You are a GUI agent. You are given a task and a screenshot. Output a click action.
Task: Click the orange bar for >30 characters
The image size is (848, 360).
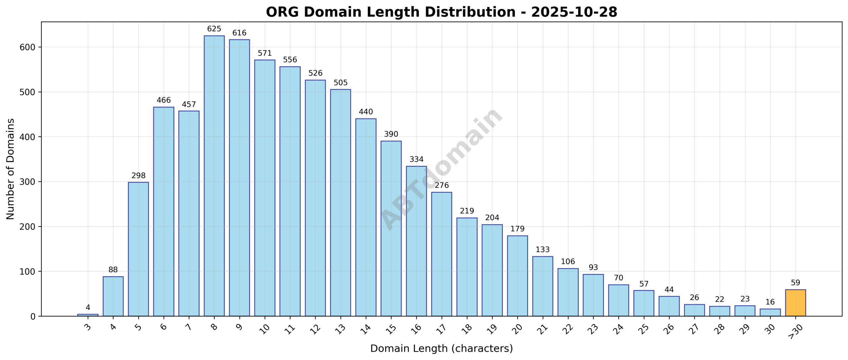[795, 303]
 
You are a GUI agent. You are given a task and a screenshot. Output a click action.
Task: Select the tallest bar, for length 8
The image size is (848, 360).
[214, 176]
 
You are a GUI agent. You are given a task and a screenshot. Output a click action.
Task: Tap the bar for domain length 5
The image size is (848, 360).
[138, 249]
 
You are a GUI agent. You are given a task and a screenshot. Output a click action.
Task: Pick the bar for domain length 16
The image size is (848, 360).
[416, 241]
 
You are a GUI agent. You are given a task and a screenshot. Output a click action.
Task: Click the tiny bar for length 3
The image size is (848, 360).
[88, 315]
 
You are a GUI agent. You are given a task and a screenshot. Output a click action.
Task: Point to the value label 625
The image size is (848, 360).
[214, 29]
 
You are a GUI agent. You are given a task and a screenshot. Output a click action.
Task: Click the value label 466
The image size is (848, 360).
[164, 100]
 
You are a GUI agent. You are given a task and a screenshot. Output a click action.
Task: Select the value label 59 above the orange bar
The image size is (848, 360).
[795, 283]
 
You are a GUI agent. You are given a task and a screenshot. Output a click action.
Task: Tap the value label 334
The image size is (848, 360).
[416, 160]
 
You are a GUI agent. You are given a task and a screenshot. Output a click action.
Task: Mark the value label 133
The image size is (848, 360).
[543, 250]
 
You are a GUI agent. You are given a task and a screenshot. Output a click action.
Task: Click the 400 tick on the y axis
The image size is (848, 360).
[27, 137]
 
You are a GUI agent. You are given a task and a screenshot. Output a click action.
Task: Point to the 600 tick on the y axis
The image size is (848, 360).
[27, 47]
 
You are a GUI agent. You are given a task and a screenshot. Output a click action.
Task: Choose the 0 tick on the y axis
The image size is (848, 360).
[32, 317]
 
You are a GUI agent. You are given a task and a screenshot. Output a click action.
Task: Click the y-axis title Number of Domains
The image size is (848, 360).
[11, 169]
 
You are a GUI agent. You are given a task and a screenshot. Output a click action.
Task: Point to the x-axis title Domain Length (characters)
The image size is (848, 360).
[441, 348]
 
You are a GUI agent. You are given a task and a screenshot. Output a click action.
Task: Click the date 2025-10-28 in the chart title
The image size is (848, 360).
[574, 12]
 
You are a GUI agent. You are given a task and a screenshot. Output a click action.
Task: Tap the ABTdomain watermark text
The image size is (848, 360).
[441, 169]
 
